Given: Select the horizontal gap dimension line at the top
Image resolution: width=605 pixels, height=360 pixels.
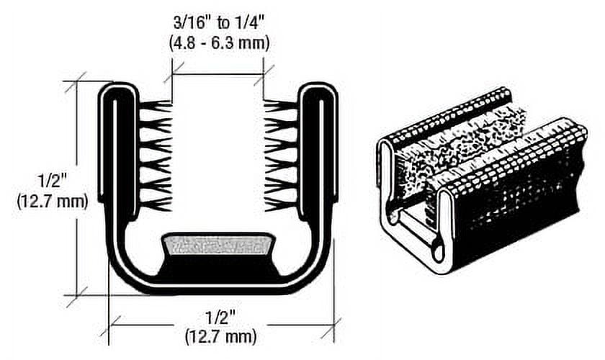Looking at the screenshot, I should point(218,73).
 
